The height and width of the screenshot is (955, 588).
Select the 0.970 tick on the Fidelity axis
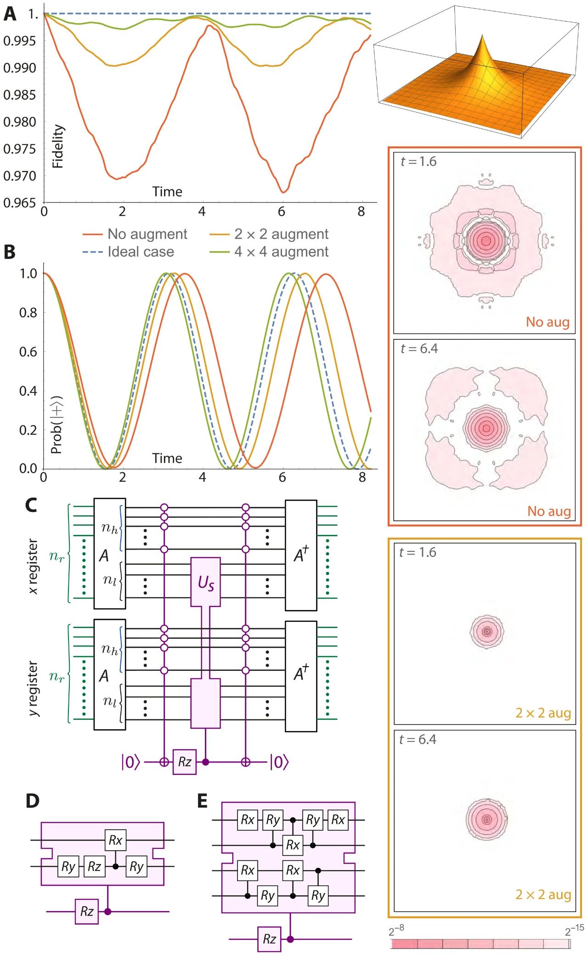(x=19, y=176)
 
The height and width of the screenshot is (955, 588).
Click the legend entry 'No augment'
(x=147, y=234)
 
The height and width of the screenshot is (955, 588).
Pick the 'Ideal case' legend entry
(x=141, y=252)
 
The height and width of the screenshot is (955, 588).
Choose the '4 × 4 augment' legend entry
(x=281, y=252)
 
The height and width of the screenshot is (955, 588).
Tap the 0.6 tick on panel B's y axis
(x=28, y=352)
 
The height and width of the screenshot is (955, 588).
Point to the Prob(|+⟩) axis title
(x=57, y=425)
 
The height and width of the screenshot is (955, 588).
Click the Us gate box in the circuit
(x=205, y=582)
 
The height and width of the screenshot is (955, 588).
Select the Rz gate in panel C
(x=184, y=762)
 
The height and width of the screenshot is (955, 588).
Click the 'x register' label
(x=33, y=567)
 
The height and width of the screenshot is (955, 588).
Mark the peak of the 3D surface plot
(x=482, y=36)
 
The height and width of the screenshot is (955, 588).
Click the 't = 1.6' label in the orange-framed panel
(x=418, y=162)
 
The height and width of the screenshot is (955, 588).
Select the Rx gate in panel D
(x=115, y=840)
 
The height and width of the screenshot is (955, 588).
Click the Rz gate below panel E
(x=270, y=939)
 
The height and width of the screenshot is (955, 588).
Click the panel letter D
(x=33, y=801)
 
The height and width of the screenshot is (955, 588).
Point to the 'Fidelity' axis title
(x=58, y=146)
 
